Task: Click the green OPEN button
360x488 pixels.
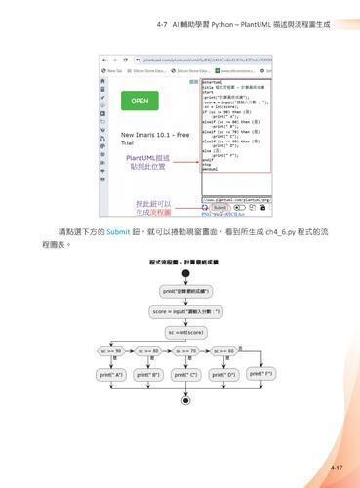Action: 140,101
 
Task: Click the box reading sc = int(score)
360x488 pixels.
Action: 186,331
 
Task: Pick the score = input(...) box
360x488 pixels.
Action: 186,311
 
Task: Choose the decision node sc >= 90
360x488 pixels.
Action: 113,350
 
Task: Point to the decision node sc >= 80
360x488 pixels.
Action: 148,350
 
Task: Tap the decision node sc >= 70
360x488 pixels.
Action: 186,350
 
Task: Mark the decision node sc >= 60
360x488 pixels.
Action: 224,350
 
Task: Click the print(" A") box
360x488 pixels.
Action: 111,374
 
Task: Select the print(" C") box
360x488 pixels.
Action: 185,374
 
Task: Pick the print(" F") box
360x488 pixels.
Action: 260,373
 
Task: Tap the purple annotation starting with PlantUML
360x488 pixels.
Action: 147,161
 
